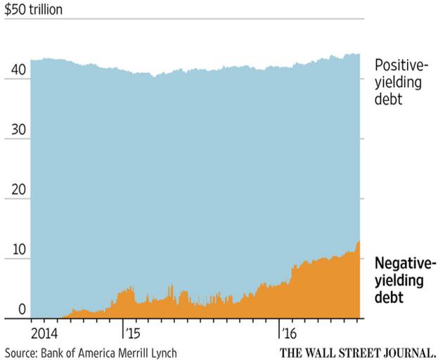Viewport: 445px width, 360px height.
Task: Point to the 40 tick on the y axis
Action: (18, 71)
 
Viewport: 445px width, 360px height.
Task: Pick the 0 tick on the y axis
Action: (22, 309)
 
